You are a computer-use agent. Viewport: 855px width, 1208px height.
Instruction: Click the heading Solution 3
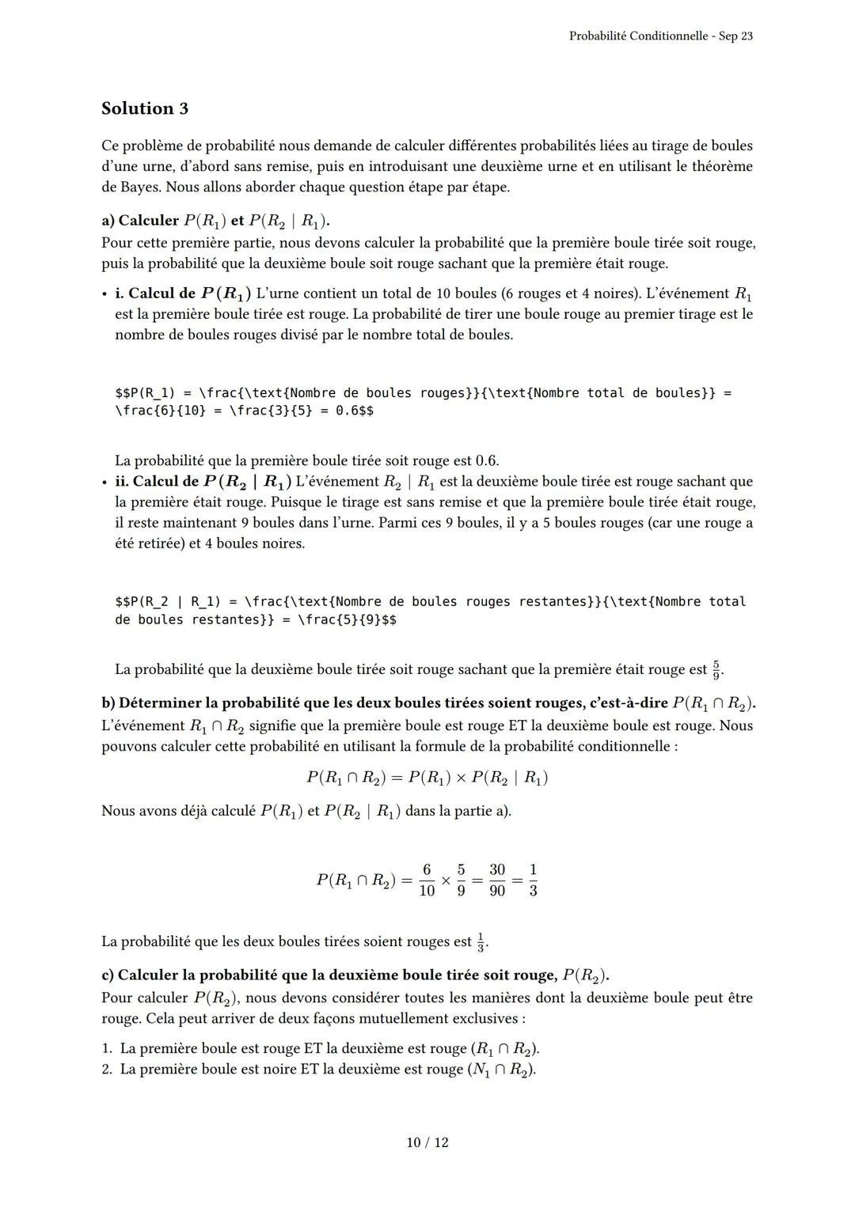pyautogui.click(x=145, y=108)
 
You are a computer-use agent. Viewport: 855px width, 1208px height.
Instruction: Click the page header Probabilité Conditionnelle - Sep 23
pyautogui.click(x=660, y=36)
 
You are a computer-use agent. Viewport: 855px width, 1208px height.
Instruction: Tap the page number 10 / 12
pyautogui.click(x=427, y=1142)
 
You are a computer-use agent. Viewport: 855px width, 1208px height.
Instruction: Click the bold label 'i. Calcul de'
pyautogui.click(x=155, y=293)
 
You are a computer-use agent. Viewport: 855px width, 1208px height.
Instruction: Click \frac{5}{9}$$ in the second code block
pyautogui.click(x=347, y=620)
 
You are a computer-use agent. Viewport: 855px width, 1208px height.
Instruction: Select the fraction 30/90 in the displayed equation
pyautogui.click(x=496, y=880)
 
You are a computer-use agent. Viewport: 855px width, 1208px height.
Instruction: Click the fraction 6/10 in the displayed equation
pyautogui.click(x=427, y=880)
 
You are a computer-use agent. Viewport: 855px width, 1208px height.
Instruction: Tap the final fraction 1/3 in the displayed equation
pyautogui.click(x=533, y=880)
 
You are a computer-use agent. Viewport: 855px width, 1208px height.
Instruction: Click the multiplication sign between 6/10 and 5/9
pyautogui.click(x=446, y=880)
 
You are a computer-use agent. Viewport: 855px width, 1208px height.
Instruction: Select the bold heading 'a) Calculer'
pyautogui.click(x=140, y=221)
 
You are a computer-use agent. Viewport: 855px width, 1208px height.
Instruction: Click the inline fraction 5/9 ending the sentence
pyautogui.click(x=716, y=669)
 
